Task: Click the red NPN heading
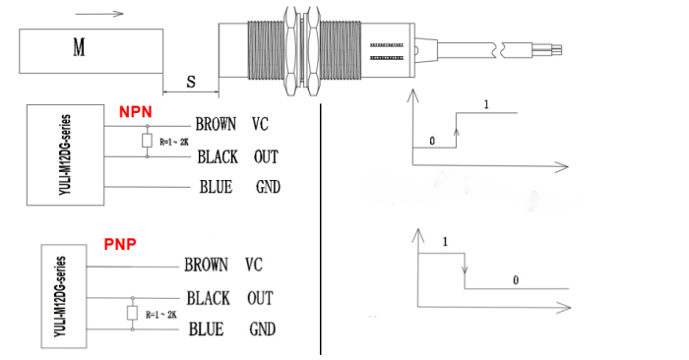pyautogui.click(x=136, y=112)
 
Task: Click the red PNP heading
pyautogui.click(x=120, y=244)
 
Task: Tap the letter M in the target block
pyautogui.click(x=79, y=47)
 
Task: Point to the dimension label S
pyautogui.click(x=191, y=82)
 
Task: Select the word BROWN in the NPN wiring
pyautogui.click(x=216, y=124)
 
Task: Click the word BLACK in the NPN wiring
pyautogui.click(x=218, y=156)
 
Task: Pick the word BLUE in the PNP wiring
pyautogui.click(x=206, y=330)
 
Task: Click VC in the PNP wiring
pyautogui.click(x=254, y=265)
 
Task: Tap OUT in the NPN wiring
pyautogui.click(x=266, y=156)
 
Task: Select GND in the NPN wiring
pyautogui.click(x=268, y=187)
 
